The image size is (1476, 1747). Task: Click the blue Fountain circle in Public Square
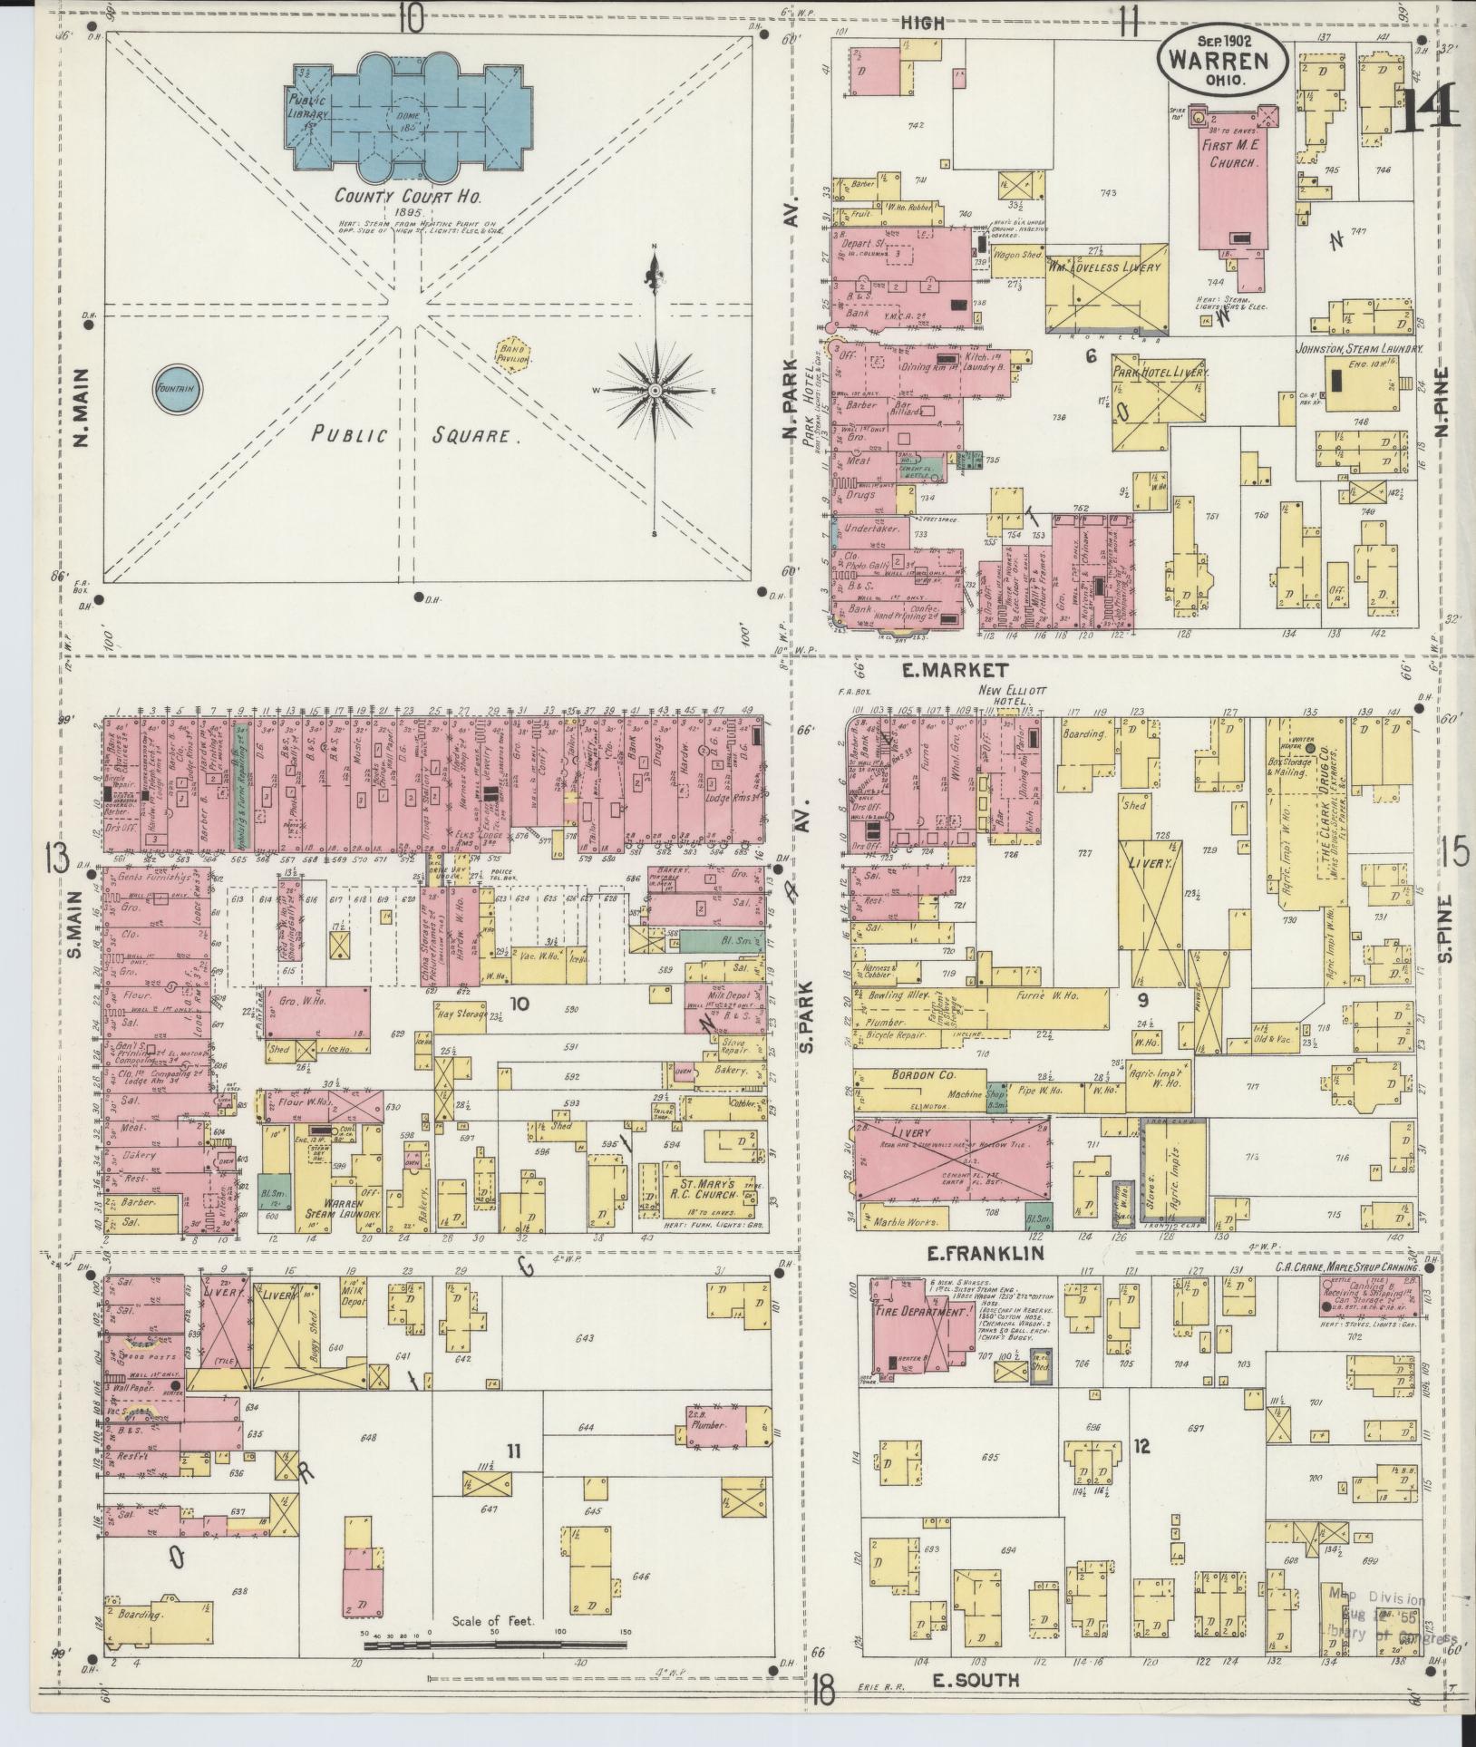click(x=179, y=390)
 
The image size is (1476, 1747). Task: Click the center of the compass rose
click(x=654, y=391)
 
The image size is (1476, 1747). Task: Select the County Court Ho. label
click(x=397, y=194)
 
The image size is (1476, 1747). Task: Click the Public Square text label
click(x=417, y=435)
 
